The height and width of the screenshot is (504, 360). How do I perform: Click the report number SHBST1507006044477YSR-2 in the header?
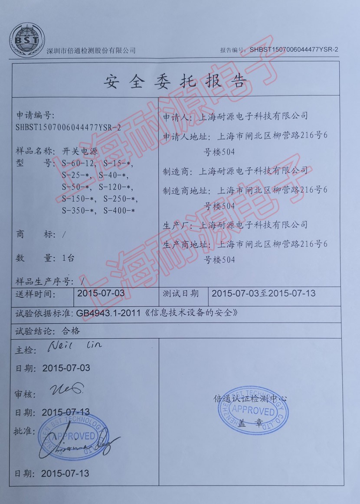tap(294, 49)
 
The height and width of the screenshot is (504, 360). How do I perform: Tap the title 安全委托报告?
tap(175, 81)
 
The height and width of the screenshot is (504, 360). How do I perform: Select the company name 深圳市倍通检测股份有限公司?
tap(91, 51)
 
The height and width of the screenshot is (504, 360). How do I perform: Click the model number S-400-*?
tap(119, 211)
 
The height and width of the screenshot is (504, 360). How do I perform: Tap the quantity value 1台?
tap(68, 258)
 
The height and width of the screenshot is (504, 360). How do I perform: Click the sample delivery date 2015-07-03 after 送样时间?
tap(101, 293)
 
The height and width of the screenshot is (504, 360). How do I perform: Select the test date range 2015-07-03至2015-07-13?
tap(263, 293)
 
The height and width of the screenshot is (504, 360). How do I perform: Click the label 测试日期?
tap(181, 293)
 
